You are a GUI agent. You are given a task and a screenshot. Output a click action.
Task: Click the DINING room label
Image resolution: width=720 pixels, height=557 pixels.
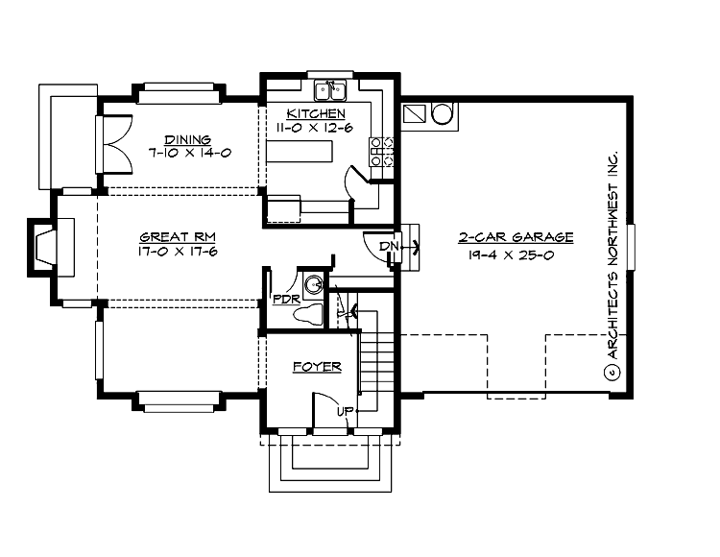coord(187,139)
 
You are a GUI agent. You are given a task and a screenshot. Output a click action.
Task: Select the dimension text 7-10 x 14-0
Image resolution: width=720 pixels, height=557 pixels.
coord(187,153)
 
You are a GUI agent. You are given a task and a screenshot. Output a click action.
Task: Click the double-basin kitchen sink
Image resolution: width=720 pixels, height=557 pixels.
coord(331,91)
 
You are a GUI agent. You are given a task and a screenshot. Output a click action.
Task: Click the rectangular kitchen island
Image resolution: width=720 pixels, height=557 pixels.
coord(300,153)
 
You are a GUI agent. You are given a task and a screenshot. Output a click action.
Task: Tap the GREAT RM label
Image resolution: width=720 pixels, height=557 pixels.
coord(175,237)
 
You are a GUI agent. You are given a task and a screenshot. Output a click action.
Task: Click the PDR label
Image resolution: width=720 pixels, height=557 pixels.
coord(286,298)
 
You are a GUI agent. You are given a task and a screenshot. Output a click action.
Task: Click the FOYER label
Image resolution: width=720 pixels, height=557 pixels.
coord(317,367)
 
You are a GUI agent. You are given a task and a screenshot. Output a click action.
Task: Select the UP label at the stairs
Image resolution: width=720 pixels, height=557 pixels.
coord(343,412)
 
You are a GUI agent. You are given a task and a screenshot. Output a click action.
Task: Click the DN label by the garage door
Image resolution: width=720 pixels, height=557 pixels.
coord(388,247)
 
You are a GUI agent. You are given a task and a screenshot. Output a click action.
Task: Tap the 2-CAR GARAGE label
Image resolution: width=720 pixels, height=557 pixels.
coord(517,236)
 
